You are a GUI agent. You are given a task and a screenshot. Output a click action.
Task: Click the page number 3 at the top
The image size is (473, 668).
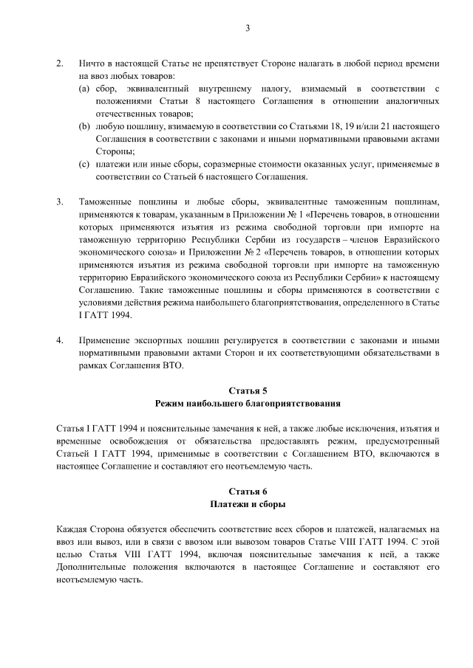click(x=248, y=28)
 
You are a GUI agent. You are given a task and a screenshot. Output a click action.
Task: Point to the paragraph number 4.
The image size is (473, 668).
click(x=60, y=342)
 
